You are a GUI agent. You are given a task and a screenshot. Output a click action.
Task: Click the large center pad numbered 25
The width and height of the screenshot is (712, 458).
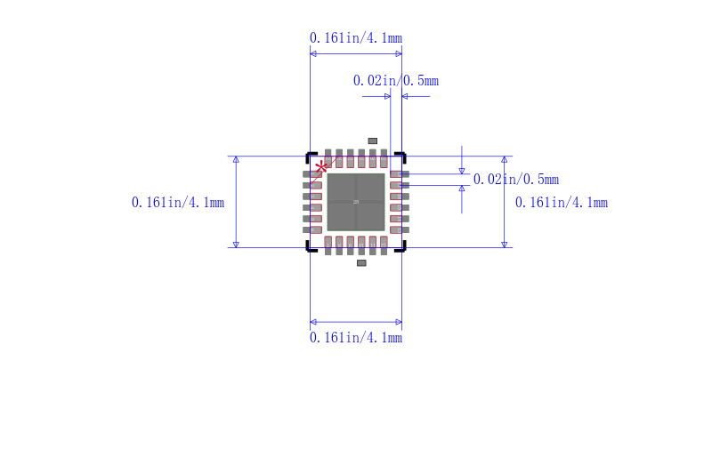coord(356,202)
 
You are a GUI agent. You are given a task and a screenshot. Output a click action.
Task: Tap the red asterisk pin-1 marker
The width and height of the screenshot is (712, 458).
coord(322,166)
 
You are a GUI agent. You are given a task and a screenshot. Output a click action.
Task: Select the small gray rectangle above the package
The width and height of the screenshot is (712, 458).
coord(373,141)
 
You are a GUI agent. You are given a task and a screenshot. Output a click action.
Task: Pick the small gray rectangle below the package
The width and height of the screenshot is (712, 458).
coord(361,263)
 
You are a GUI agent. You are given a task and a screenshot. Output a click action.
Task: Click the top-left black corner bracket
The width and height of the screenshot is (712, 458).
coord(310,155)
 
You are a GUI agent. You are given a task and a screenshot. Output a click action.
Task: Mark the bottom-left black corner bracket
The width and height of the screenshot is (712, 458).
coord(310,249)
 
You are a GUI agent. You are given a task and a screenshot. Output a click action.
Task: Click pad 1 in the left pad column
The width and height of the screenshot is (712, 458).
coord(312,174)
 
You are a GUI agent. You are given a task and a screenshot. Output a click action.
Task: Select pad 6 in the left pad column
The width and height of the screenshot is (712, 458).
coord(312,229)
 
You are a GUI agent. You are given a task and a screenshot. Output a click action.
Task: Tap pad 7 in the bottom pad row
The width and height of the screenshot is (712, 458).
coord(328,245)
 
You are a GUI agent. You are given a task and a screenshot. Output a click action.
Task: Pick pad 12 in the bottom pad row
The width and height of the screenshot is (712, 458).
coord(384,245)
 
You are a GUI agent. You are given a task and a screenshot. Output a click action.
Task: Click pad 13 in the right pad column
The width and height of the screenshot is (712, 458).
coord(400,229)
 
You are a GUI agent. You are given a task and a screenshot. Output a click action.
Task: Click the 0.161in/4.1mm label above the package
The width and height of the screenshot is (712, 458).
coord(355,38)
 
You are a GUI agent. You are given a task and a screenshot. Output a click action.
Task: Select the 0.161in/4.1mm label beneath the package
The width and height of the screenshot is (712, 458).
coord(355,338)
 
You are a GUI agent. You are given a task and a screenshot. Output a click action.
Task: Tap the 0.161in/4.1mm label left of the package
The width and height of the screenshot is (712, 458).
coord(177,203)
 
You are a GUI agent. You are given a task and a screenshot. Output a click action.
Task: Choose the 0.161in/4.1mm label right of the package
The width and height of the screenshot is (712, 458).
coord(562,203)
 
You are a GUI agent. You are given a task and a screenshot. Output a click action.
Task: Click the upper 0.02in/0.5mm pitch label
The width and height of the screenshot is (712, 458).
coord(395,81)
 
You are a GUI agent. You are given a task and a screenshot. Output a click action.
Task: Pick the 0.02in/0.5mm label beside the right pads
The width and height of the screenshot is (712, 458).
coord(515,180)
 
